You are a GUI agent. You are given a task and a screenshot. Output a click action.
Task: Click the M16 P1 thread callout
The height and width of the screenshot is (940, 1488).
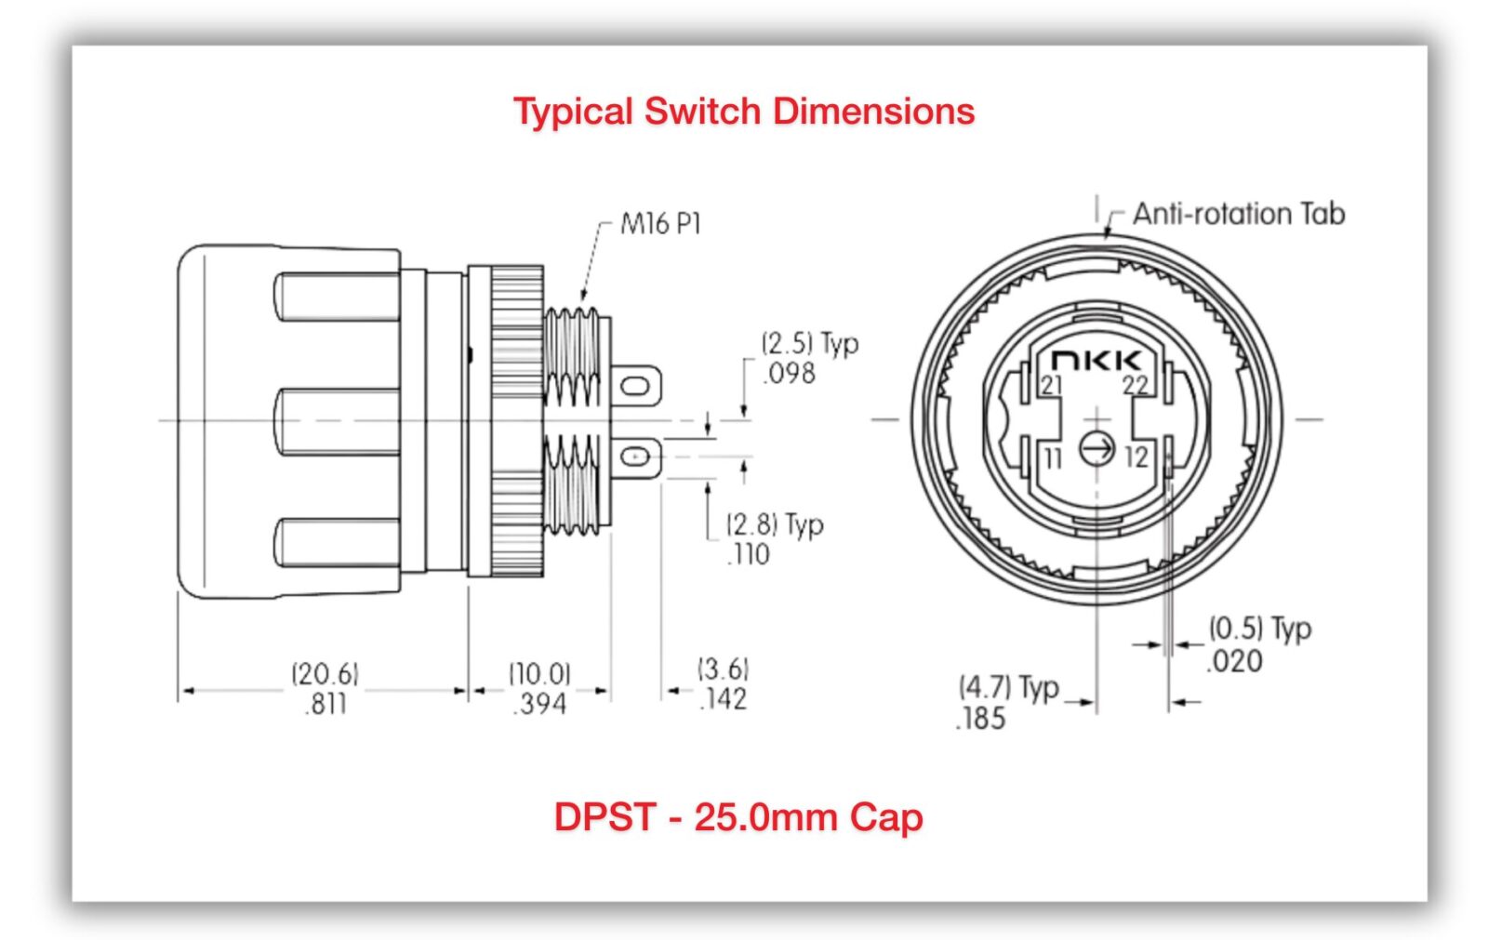click(660, 224)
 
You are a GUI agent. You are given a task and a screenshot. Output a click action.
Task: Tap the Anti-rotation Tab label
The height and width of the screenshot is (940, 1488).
click(1238, 214)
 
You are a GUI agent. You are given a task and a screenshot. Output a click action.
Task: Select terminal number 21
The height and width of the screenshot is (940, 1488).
click(1051, 385)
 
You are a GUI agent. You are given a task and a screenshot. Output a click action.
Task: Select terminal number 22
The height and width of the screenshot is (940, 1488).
click(1135, 385)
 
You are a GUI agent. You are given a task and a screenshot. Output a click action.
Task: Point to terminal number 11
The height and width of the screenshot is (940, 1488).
click(1052, 457)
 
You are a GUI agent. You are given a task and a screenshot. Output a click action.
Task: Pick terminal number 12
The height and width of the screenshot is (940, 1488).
click(1136, 457)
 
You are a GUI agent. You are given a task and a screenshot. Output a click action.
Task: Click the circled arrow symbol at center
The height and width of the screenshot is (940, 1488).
click(1096, 449)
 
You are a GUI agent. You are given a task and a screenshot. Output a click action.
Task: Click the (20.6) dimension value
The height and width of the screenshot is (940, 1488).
click(325, 673)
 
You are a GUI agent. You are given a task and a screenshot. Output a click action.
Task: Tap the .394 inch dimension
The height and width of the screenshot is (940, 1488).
click(539, 704)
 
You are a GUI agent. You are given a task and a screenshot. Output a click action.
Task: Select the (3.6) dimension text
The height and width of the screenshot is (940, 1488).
click(723, 669)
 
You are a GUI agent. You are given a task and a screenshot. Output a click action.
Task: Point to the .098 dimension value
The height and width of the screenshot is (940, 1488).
click(790, 374)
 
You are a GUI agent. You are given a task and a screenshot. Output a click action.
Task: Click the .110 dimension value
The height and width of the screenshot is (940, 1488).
click(748, 555)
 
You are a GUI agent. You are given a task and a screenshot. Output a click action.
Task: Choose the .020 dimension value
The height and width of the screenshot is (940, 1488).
click(1234, 662)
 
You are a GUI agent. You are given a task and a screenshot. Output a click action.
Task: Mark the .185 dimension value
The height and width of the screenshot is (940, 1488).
click(980, 719)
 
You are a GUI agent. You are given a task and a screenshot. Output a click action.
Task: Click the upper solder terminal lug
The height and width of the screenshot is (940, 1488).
click(636, 385)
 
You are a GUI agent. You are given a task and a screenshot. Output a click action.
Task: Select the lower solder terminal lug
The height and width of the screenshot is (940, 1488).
click(636, 457)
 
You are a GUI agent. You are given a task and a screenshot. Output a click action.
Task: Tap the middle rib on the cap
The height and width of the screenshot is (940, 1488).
click(339, 421)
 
